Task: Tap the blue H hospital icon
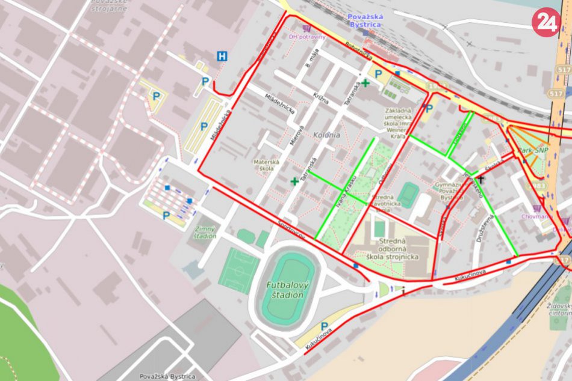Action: [x=223, y=56]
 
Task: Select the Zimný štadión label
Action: [x=205, y=232]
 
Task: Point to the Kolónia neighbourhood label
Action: [x=326, y=135]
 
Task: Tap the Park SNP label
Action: [x=532, y=150]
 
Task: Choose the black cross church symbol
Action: [x=481, y=180]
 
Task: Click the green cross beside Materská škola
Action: [x=294, y=181]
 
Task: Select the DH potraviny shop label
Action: [x=307, y=37]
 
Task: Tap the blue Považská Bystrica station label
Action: [x=365, y=20]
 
